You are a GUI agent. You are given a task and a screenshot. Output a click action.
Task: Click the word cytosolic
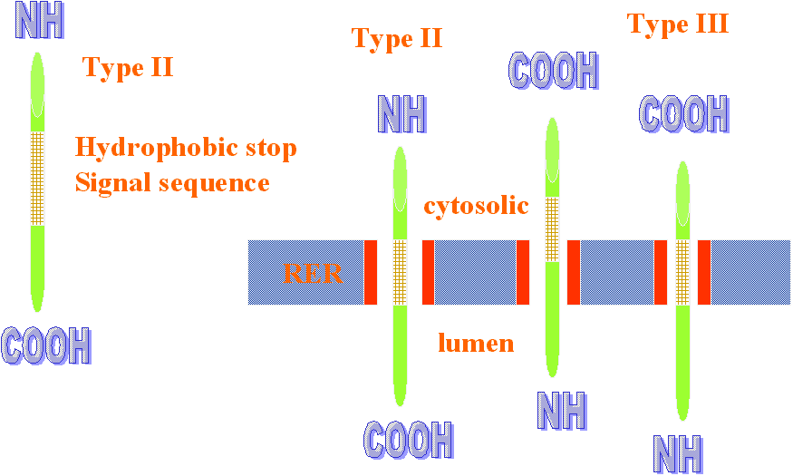476,206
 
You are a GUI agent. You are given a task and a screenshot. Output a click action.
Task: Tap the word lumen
476,343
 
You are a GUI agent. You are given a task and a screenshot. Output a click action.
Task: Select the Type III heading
677,24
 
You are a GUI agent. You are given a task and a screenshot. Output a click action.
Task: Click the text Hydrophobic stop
186,147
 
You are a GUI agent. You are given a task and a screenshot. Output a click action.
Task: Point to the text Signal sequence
172,183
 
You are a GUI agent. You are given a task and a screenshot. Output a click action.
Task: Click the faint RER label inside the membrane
314,272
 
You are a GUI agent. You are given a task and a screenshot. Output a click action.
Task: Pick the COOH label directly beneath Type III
684,114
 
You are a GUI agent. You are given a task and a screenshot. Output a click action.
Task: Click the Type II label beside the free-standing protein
127,67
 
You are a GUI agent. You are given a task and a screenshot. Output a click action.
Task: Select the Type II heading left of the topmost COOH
396,38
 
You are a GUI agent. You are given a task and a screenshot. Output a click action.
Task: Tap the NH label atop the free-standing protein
41,22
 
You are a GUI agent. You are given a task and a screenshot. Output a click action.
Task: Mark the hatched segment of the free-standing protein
37,178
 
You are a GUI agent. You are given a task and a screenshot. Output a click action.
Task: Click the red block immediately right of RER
370,272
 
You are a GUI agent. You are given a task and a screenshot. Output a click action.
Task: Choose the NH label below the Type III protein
677,453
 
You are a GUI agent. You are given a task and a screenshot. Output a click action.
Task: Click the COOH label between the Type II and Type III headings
554,71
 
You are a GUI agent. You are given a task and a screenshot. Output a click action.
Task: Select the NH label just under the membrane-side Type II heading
401,114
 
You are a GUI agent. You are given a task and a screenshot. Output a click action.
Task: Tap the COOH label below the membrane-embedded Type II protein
408,440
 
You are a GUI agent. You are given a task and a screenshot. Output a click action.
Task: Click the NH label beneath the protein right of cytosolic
562,410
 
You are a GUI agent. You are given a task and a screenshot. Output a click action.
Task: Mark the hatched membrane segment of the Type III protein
682,272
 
